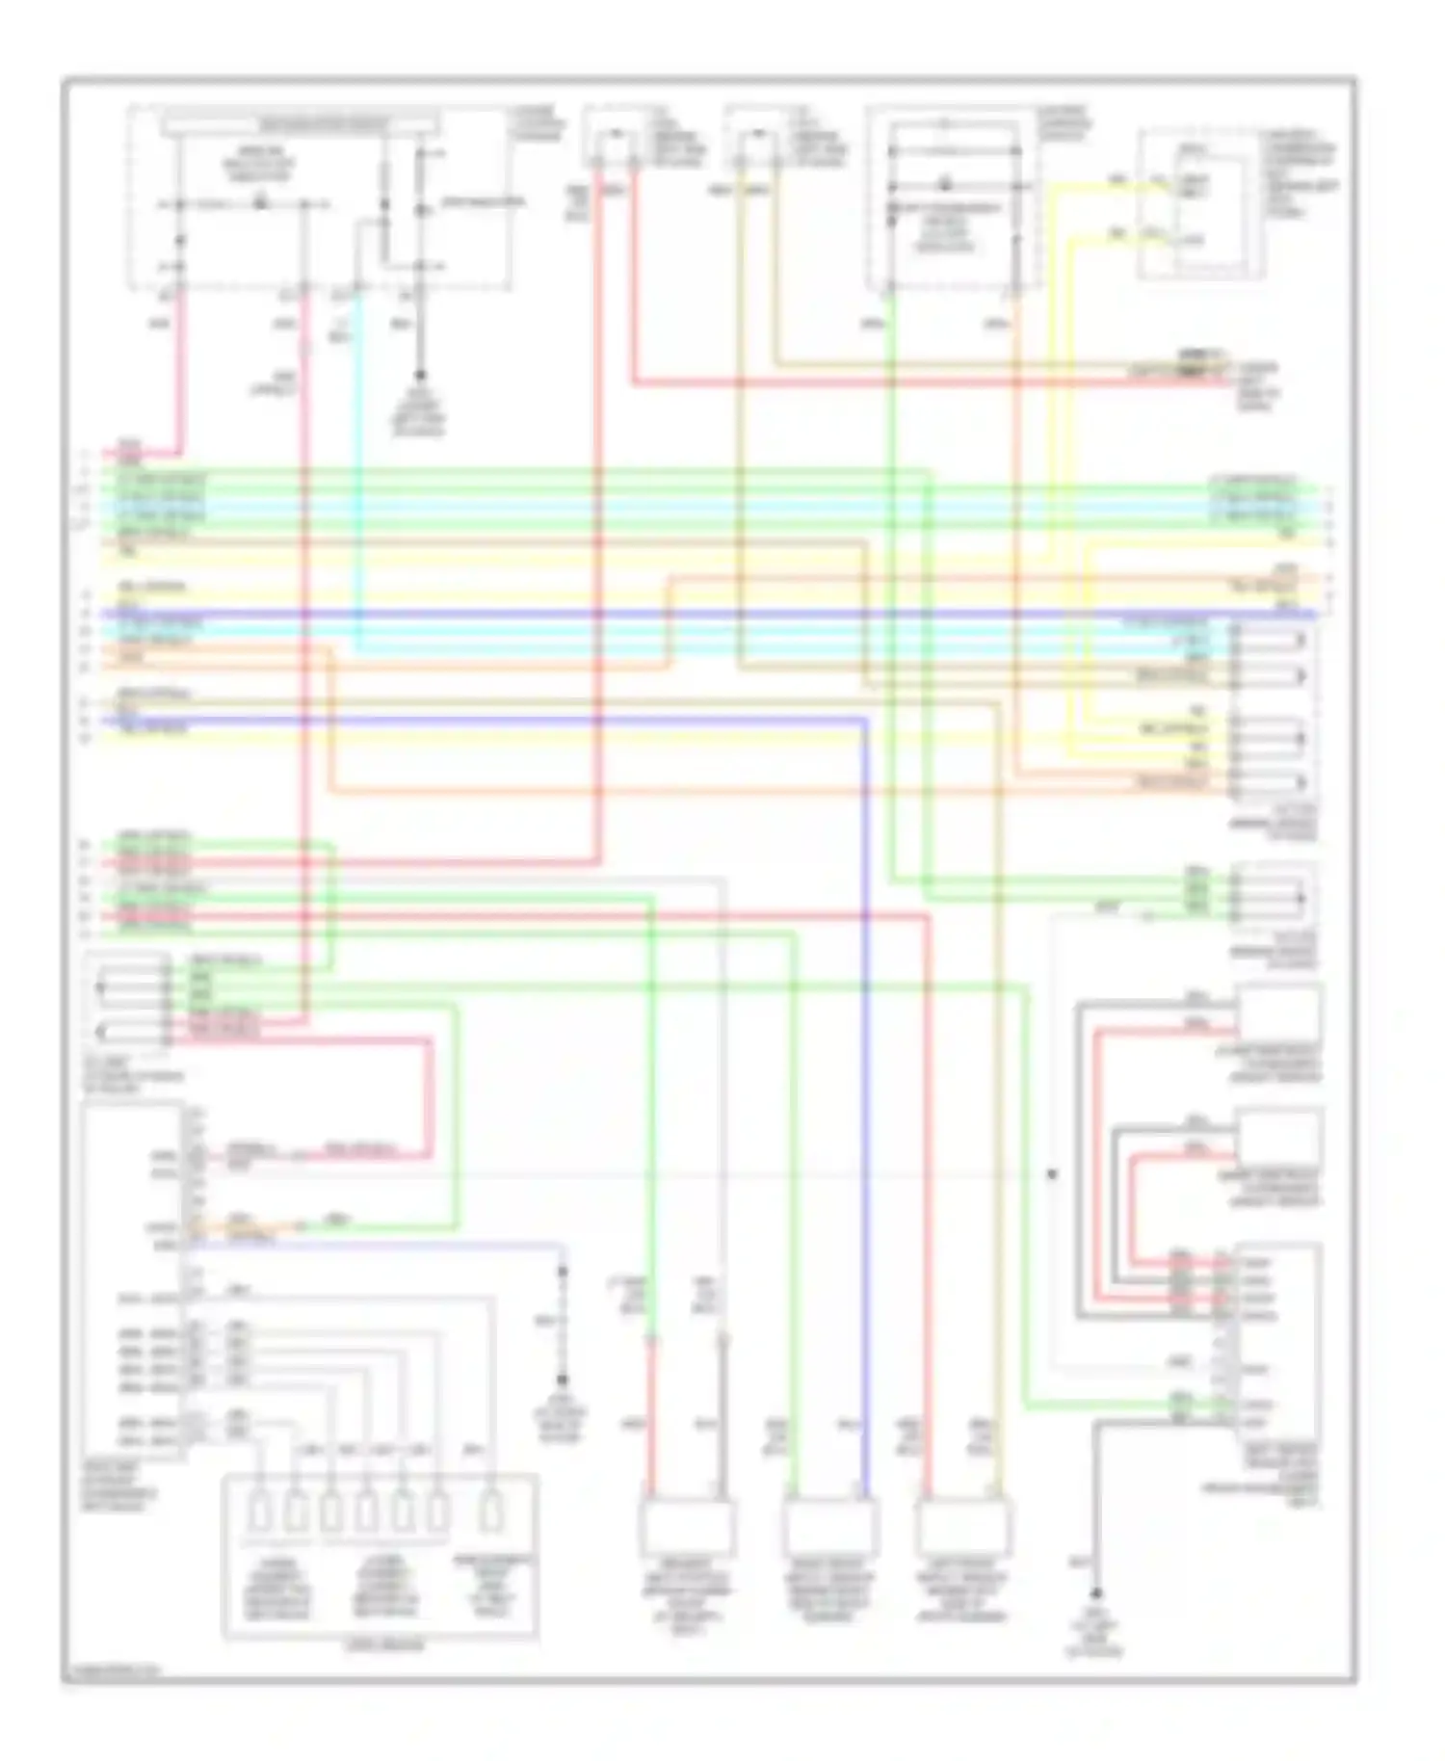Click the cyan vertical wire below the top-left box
359,462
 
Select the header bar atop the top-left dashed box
302,124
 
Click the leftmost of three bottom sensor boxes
687,1527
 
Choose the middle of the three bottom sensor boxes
829,1527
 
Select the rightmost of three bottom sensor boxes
964,1527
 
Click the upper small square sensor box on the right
1277,1012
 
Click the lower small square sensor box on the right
1277,1138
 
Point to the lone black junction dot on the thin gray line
1052,1174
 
